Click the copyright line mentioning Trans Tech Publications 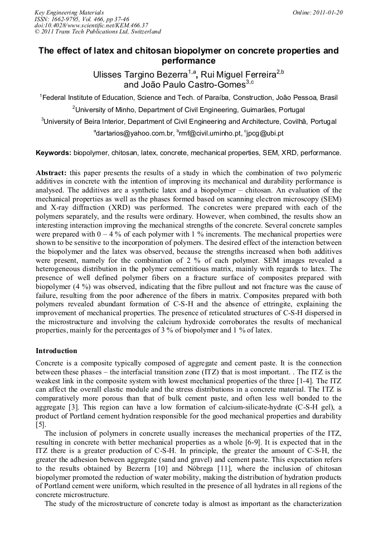(x=98, y=32)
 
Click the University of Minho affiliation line (x=189, y=109)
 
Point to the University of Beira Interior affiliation (x=189, y=121)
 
